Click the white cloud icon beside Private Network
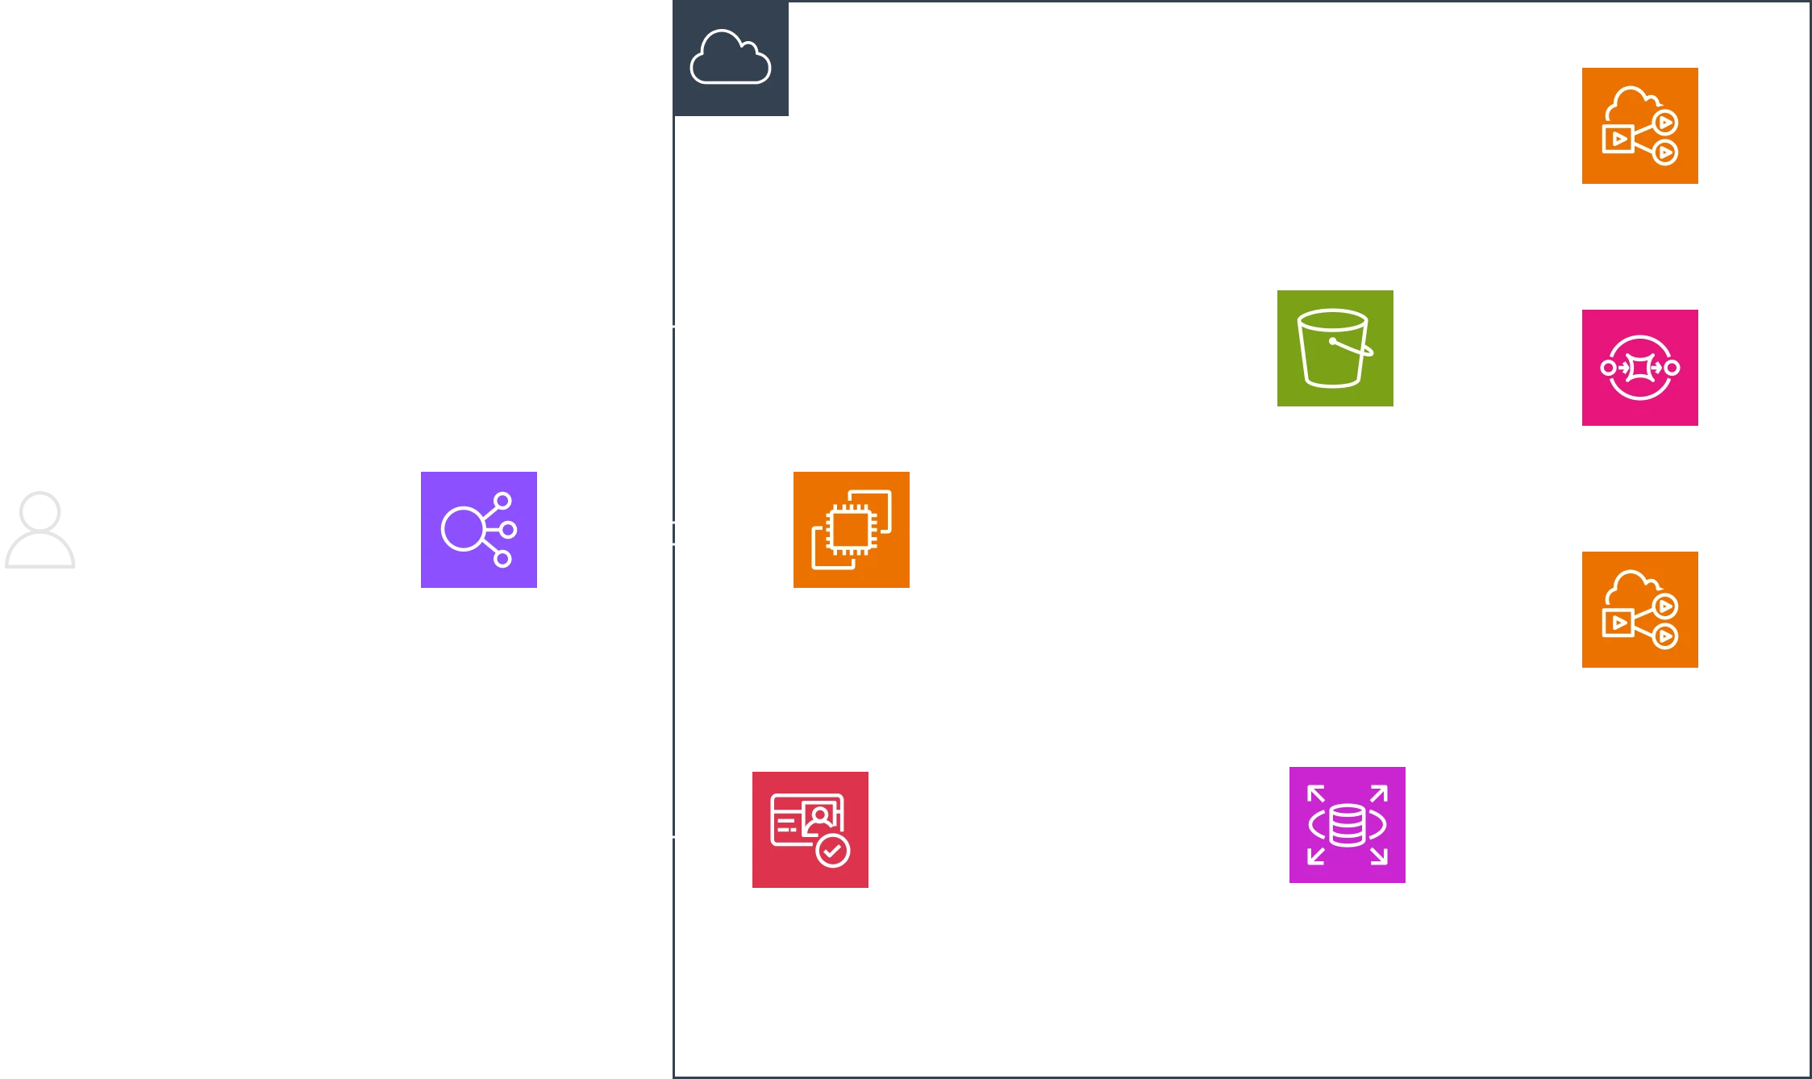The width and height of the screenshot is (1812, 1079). (x=731, y=57)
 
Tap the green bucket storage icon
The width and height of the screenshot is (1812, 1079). (x=1335, y=348)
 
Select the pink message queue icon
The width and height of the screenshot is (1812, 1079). (x=1641, y=368)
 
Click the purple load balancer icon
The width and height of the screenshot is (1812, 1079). (x=480, y=531)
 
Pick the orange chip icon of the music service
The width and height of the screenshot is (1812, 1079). (x=851, y=531)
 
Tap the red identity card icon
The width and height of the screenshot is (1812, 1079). (x=810, y=828)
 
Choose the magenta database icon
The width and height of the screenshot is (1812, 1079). (x=1345, y=823)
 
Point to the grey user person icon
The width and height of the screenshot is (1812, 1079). (x=39, y=532)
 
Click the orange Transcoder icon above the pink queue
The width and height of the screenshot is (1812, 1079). (x=1641, y=126)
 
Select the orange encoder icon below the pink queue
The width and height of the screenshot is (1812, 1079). (x=1641, y=610)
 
